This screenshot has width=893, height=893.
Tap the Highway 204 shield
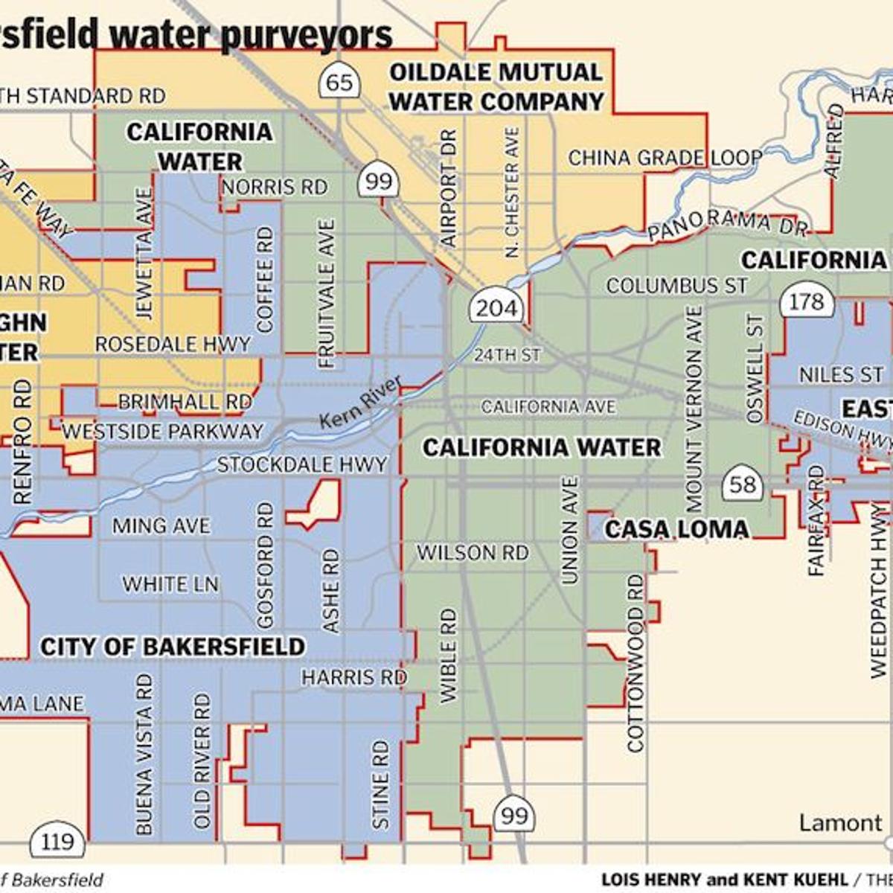(x=496, y=307)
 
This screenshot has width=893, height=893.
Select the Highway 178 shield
(x=806, y=301)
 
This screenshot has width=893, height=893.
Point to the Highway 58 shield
(x=742, y=485)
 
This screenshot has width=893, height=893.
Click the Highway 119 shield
(x=57, y=842)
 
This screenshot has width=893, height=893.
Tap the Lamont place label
(x=840, y=823)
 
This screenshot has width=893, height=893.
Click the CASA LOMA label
(x=676, y=529)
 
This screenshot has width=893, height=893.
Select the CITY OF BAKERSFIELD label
(x=173, y=647)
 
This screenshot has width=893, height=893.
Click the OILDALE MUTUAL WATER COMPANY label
(x=496, y=87)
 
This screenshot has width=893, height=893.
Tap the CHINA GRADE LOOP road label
(x=665, y=158)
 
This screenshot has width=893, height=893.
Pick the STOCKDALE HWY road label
(x=302, y=465)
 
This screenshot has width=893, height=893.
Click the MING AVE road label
(x=161, y=526)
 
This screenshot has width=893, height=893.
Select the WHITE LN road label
(x=170, y=584)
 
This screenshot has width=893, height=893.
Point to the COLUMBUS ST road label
(x=676, y=286)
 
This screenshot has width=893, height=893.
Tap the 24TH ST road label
(x=507, y=355)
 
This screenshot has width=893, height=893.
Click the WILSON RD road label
(x=472, y=553)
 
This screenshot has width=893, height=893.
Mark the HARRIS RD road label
(x=353, y=678)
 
